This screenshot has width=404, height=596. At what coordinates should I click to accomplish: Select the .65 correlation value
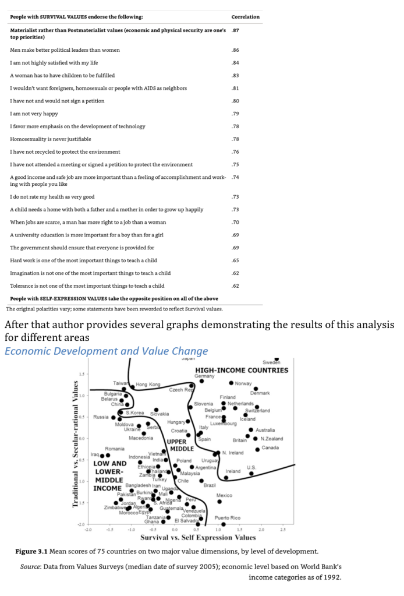click(235, 260)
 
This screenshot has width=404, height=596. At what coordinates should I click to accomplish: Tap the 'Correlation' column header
click(245, 17)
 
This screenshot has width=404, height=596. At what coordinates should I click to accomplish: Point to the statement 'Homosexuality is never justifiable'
click(51, 139)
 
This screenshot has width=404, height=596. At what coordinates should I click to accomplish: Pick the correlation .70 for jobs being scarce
click(235, 222)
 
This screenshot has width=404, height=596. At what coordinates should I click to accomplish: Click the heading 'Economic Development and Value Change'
click(106, 351)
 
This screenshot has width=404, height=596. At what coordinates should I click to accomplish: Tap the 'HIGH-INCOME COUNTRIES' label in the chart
click(242, 370)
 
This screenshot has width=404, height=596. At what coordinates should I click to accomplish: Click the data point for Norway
click(231, 383)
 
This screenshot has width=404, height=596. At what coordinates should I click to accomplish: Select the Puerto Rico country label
click(227, 517)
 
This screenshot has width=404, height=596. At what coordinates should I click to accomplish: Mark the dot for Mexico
click(219, 501)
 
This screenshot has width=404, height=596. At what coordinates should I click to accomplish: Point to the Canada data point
click(258, 449)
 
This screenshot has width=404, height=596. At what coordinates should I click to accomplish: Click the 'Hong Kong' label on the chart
click(148, 385)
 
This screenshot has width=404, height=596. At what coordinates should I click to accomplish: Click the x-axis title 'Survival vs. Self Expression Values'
click(198, 538)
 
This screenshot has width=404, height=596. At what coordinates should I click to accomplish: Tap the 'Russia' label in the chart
click(101, 417)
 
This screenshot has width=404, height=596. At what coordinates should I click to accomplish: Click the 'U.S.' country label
click(251, 467)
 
